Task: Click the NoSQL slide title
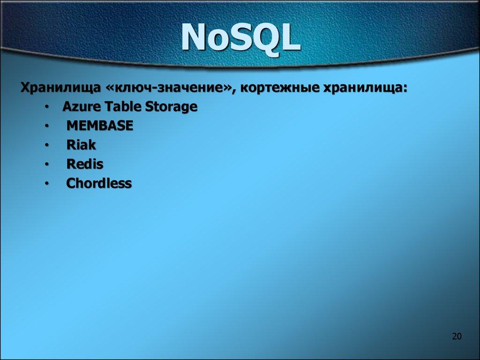(x=241, y=38)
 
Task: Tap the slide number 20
(x=457, y=336)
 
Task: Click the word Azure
(x=78, y=107)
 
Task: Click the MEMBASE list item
(x=100, y=126)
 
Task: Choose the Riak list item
(x=81, y=145)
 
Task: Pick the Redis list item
(x=84, y=164)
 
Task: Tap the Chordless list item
(x=99, y=183)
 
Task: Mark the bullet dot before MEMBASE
(x=47, y=127)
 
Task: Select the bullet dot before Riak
(x=47, y=146)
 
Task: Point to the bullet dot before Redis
(x=47, y=165)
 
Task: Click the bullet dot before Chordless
(x=47, y=184)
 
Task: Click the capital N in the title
(x=194, y=38)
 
